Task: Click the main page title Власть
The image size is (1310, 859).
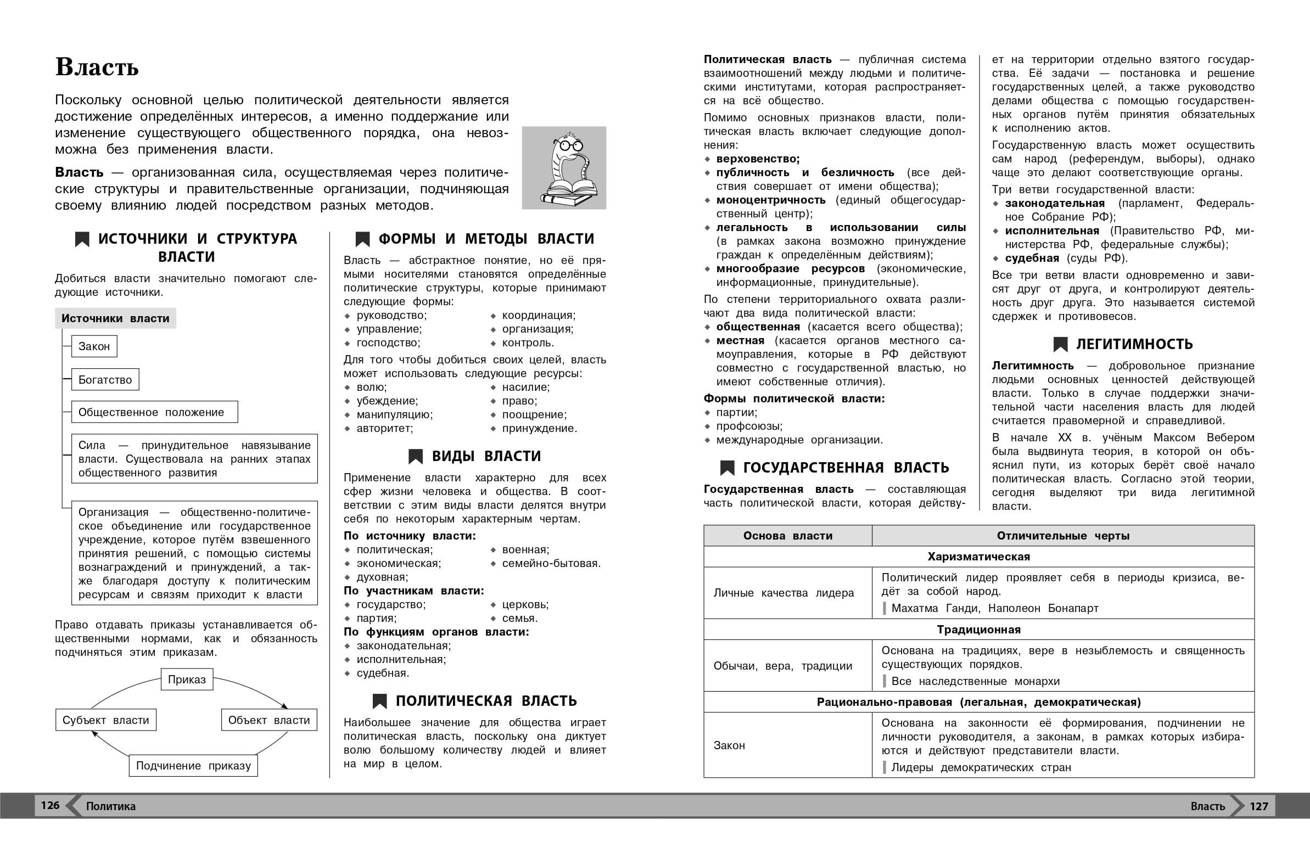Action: tap(97, 68)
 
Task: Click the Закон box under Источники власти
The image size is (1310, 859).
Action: tap(94, 347)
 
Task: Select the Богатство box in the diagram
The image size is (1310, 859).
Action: tap(105, 380)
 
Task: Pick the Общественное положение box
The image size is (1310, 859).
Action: tap(154, 412)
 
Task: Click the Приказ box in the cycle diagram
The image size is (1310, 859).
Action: tap(187, 680)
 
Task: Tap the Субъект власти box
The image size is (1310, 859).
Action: tap(105, 720)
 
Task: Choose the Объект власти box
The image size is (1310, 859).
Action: tap(269, 720)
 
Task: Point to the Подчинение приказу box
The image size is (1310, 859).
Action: tap(193, 766)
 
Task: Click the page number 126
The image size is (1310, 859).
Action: tap(50, 806)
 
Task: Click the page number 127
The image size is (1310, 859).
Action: tap(1259, 806)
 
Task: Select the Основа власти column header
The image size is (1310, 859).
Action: tap(788, 536)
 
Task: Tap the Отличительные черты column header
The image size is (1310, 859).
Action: tap(1063, 536)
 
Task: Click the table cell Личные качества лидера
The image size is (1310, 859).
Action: tap(784, 593)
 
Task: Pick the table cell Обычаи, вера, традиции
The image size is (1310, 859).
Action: tap(783, 666)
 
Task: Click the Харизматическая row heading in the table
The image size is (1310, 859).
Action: tap(978, 557)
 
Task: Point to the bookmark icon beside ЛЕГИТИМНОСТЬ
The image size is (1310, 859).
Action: tap(1060, 345)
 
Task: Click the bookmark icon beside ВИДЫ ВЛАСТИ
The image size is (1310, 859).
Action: tap(416, 457)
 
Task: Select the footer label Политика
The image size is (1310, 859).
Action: tap(111, 806)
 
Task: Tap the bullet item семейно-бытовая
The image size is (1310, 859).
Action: tap(551, 564)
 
